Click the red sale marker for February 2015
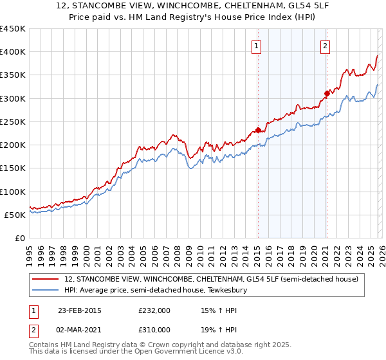[x=258, y=130]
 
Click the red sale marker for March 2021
[x=327, y=94]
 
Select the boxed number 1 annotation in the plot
[x=257, y=46]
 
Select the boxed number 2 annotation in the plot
[x=326, y=46]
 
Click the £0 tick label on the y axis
[x=20, y=239]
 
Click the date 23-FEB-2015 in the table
[x=79, y=310]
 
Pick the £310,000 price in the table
[x=154, y=329]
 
